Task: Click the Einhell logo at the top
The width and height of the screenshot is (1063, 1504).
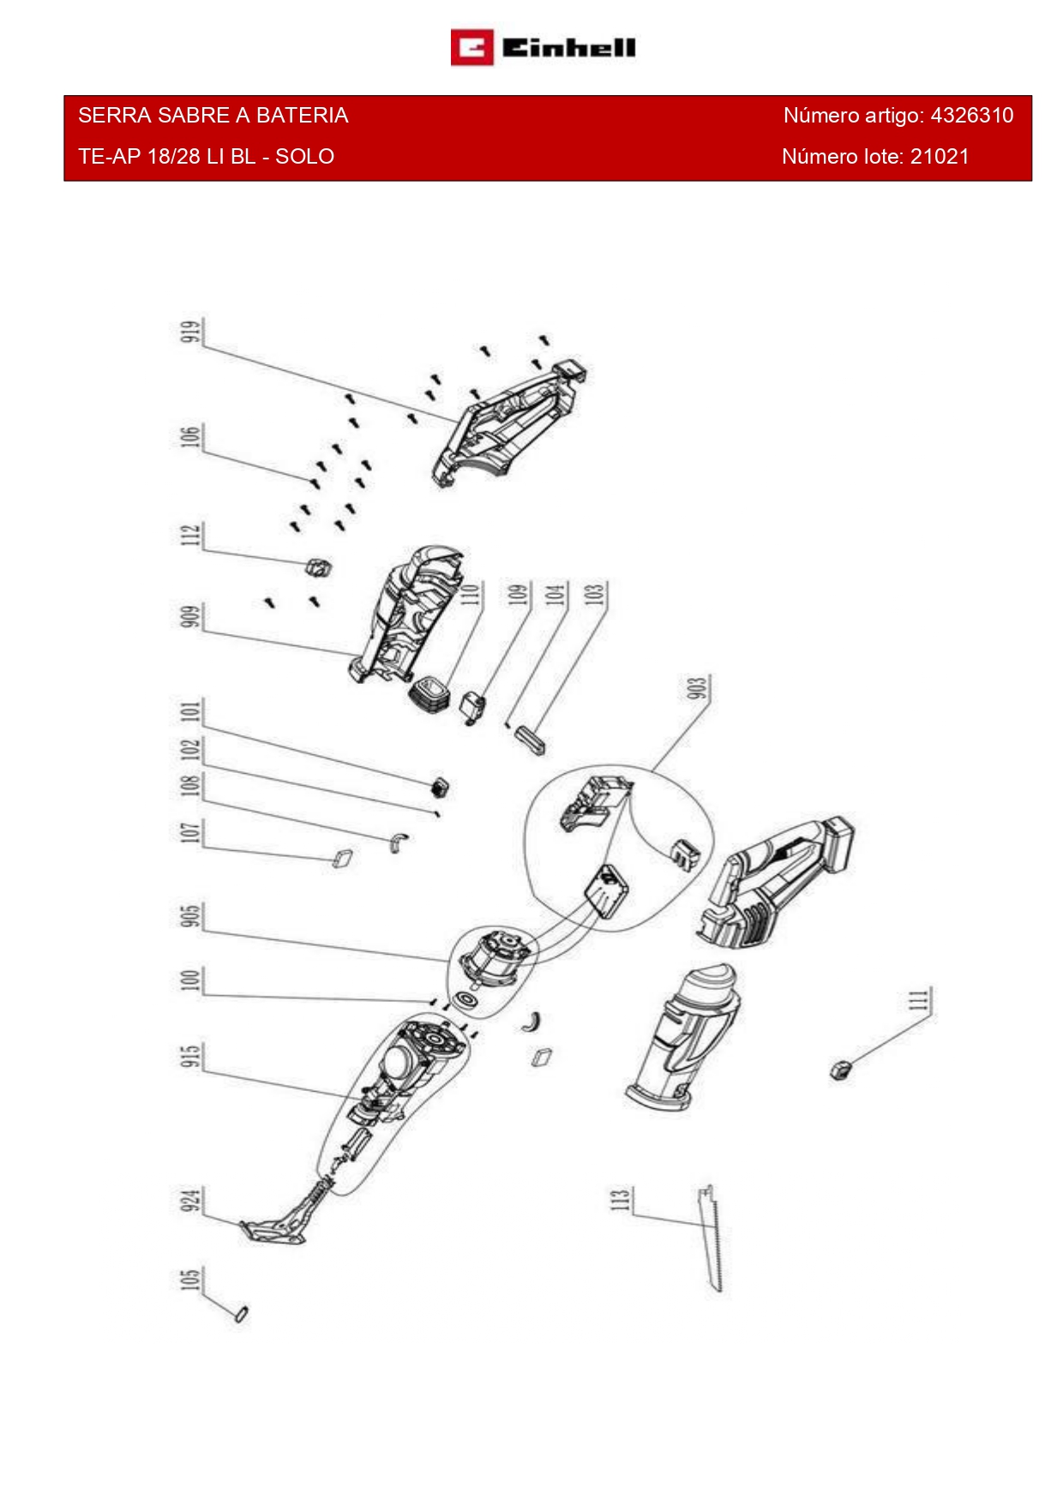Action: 544,48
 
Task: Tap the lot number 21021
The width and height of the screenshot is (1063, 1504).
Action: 940,157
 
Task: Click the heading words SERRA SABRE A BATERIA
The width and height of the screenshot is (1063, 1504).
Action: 213,116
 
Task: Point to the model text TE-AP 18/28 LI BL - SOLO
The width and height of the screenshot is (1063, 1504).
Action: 206,157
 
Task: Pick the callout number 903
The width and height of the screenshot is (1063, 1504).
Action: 698,688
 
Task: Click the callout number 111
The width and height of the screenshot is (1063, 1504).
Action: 918,1000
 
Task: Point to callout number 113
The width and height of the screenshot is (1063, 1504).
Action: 620,1199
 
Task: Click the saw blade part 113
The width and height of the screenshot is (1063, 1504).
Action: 712,1238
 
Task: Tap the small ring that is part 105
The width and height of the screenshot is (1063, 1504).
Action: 242,1313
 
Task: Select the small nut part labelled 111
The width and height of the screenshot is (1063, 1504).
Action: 840,1070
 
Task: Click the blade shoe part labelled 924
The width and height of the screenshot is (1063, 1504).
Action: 273,1231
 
